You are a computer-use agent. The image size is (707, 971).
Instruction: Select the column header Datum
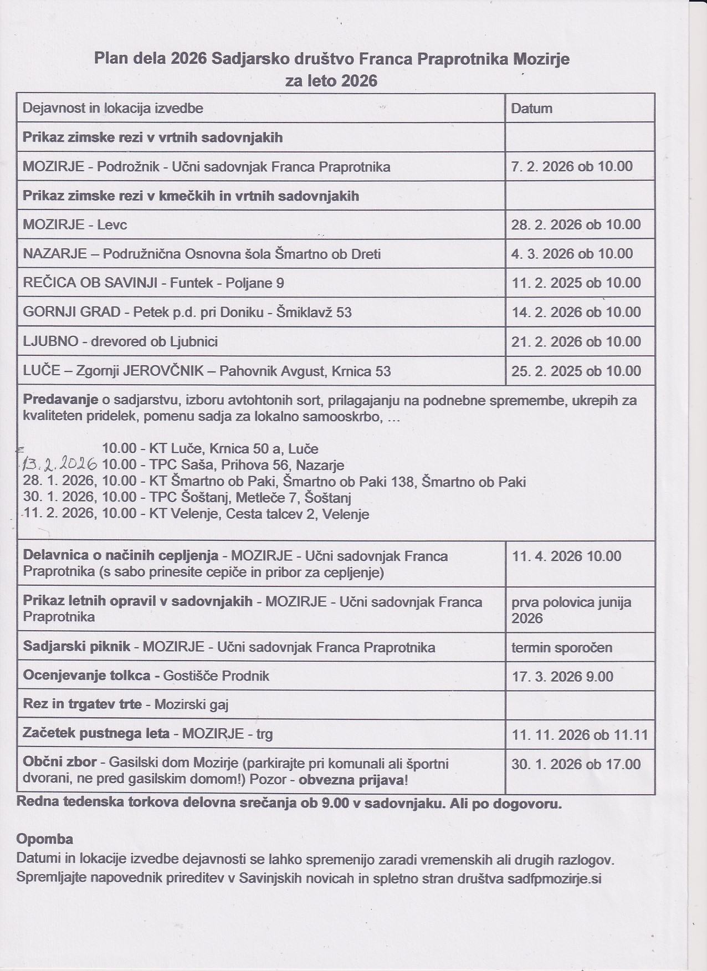click(531, 108)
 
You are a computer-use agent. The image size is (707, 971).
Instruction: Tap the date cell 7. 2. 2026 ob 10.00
click(572, 166)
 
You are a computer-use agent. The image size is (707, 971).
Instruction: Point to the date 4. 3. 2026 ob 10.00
click(572, 254)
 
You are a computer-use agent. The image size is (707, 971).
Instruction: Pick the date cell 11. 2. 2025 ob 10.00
click(576, 283)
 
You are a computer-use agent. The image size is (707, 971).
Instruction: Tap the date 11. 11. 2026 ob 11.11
click(580, 735)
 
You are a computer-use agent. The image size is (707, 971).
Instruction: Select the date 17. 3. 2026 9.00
click(570, 676)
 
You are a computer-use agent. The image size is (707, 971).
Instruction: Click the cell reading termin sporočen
click(562, 647)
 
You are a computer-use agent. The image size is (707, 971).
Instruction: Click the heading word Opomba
click(45, 838)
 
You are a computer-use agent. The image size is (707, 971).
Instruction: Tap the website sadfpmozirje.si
click(554, 878)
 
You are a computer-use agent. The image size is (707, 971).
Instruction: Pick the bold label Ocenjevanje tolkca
click(86, 676)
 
